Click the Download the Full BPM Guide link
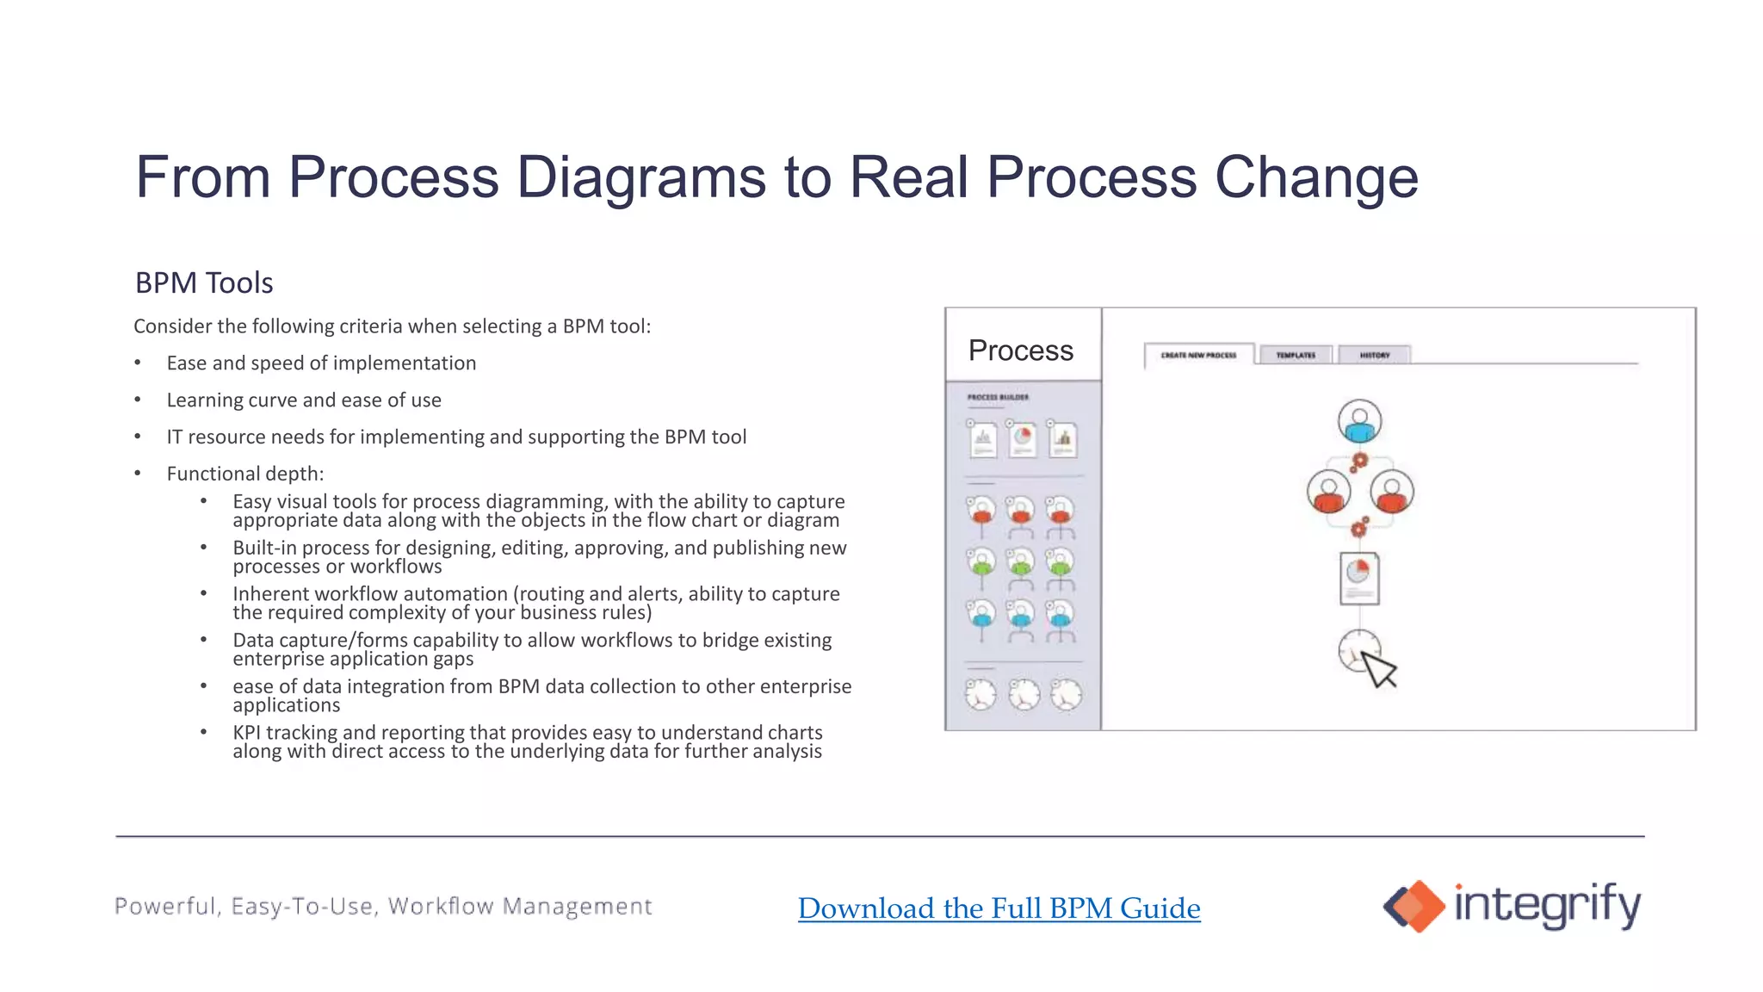999,908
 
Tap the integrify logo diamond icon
1413,906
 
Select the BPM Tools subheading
204,282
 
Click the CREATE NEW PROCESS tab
1197,355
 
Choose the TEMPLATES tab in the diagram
1295,355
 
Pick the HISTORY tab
1374,355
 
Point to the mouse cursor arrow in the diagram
1379,669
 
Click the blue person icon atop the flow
1359,421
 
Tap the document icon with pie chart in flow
1359,578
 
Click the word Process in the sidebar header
1020,350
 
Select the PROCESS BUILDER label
998,397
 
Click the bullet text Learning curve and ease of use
304,400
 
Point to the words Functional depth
244,474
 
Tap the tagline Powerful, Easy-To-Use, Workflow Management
383,906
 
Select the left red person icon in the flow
1328,492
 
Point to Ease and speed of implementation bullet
321,363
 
